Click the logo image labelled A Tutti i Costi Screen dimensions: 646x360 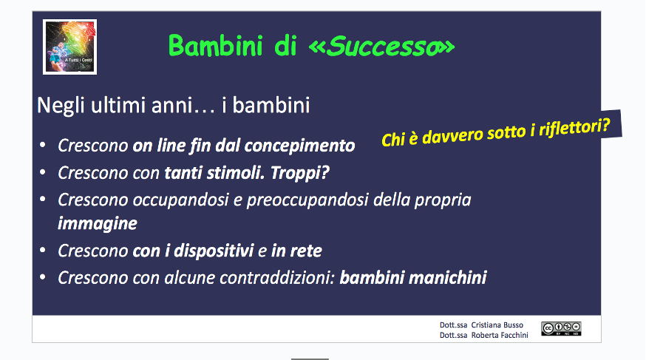point(69,47)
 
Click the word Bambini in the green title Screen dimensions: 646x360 point(216,46)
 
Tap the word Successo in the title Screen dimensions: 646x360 point(382,46)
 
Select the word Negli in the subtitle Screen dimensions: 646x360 point(61,106)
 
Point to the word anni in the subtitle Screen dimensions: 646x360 point(171,106)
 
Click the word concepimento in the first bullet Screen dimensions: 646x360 point(299,146)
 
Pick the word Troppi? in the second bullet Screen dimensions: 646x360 point(299,173)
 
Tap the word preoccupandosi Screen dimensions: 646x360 point(307,200)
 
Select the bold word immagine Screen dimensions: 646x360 point(98,224)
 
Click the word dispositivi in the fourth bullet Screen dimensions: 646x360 point(214,251)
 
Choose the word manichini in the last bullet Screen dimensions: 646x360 point(447,278)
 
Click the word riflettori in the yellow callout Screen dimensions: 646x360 point(574,128)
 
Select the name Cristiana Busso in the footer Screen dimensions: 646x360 point(497,325)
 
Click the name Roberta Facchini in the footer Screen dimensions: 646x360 point(500,336)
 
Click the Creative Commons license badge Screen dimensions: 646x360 point(561,329)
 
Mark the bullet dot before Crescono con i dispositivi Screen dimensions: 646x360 point(42,250)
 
